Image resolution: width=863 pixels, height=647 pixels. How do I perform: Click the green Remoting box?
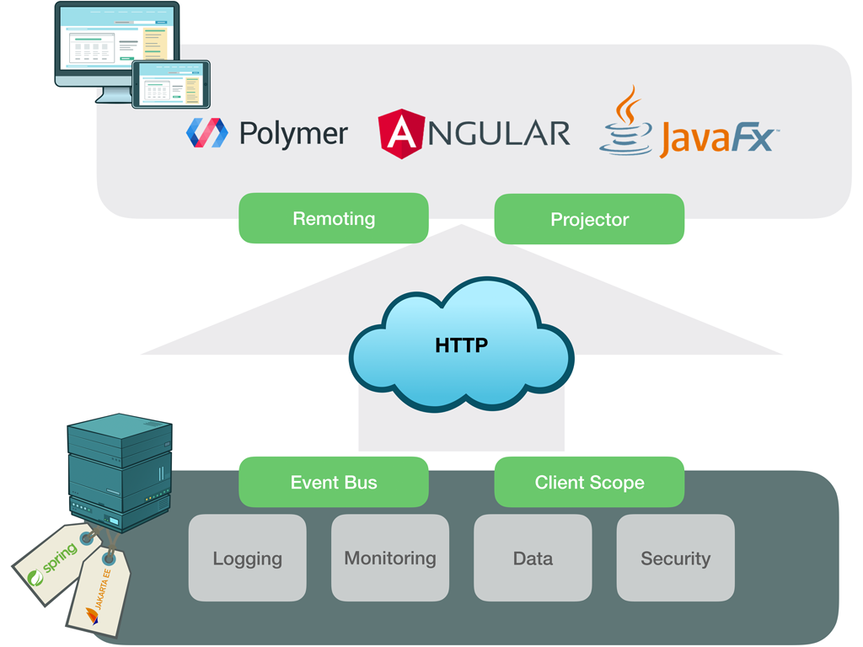pyautogui.click(x=334, y=218)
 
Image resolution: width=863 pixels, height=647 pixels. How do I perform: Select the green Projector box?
pyautogui.click(x=589, y=219)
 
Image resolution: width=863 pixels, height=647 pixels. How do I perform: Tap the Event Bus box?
pyautogui.click(x=334, y=482)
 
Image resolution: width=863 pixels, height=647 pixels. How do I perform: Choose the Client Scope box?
pyautogui.click(x=589, y=482)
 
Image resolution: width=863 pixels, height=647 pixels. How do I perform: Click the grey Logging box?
pyautogui.click(x=247, y=558)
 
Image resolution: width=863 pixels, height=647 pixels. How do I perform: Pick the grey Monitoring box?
pyautogui.click(x=390, y=558)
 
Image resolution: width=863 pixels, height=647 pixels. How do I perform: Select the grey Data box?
pyautogui.click(x=533, y=558)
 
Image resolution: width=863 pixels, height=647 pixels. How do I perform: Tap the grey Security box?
pyautogui.click(x=675, y=558)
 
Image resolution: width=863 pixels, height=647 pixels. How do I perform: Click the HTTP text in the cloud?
pyautogui.click(x=461, y=345)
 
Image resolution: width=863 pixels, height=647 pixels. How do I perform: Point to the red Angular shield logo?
pyautogui.click(x=401, y=134)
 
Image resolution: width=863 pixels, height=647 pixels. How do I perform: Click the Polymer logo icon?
pyautogui.click(x=206, y=133)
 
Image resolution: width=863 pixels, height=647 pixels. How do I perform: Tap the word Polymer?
pyautogui.click(x=293, y=133)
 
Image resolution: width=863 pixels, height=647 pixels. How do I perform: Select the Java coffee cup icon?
pyautogui.click(x=626, y=122)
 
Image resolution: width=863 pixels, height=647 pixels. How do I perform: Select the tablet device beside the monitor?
pyautogui.click(x=170, y=83)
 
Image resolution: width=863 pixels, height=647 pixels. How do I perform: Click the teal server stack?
pyautogui.click(x=120, y=472)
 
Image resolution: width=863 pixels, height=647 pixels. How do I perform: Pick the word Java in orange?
pyautogui.click(x=694, y=139)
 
